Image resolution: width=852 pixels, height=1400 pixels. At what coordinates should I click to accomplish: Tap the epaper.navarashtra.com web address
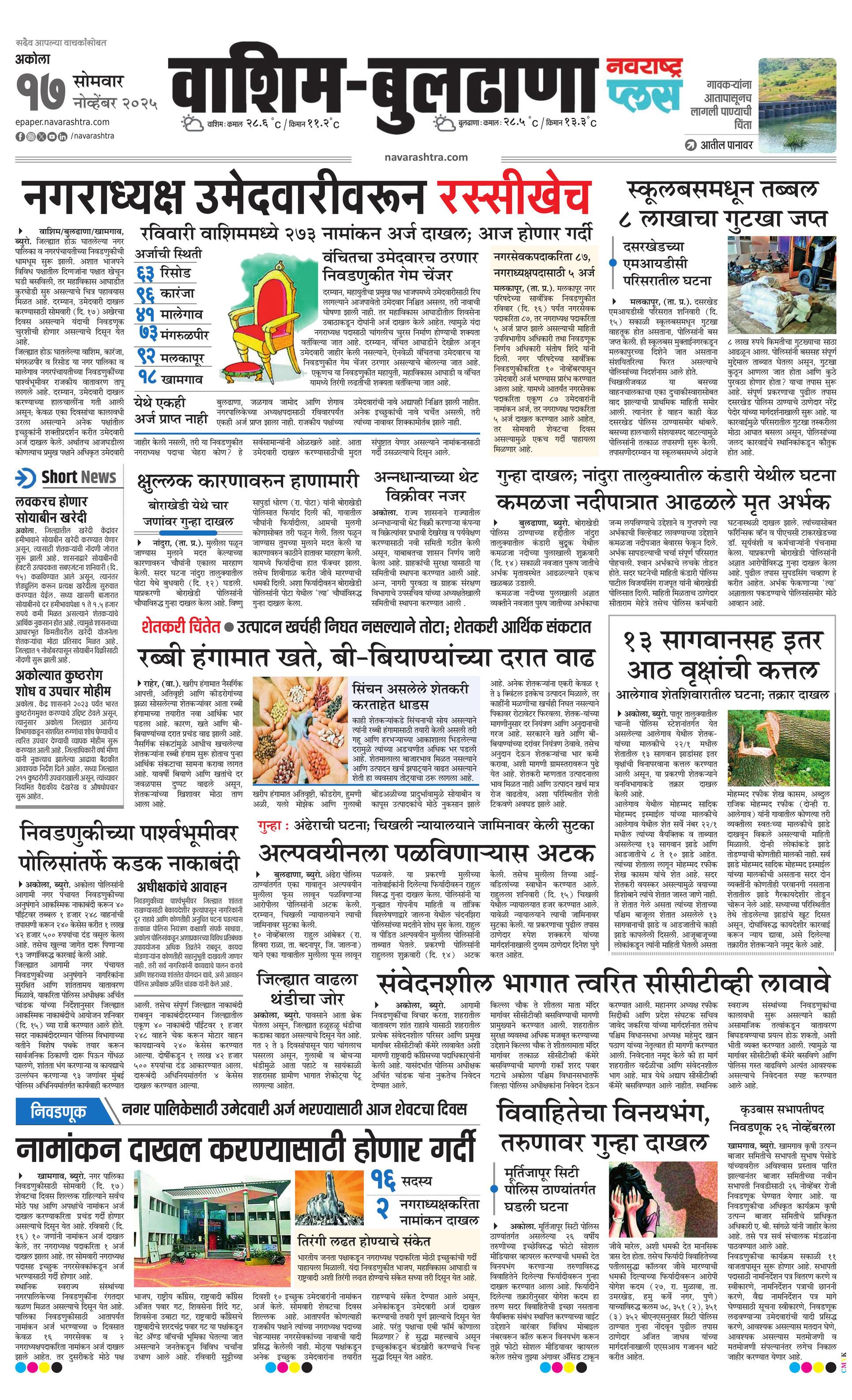(63, 122)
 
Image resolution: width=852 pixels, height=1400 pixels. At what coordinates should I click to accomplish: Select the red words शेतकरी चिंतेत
(181, 627)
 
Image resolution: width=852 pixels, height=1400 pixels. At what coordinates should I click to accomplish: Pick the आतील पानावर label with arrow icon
(719, 145)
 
